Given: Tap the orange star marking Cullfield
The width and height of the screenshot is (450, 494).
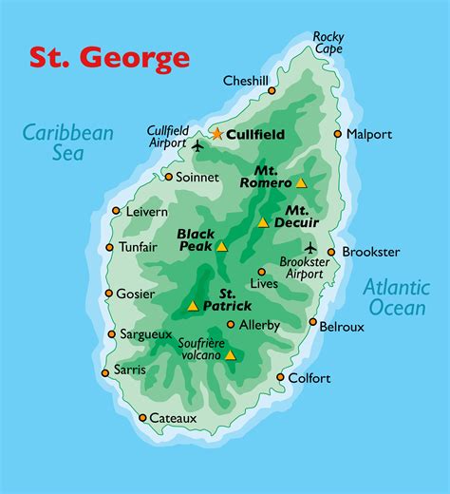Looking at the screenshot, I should point(216,134).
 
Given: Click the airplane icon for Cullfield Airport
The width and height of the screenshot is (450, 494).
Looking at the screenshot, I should point(197,145).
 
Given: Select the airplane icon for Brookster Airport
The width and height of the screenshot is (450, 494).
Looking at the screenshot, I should point(310,249).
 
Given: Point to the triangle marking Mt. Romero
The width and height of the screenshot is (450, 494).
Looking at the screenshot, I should point(301,182).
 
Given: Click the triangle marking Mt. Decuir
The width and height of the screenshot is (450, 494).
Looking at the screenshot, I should point(263,223).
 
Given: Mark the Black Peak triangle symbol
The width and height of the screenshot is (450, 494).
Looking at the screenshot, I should point(221,246).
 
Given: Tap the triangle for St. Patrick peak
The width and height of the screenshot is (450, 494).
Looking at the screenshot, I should point(193,306).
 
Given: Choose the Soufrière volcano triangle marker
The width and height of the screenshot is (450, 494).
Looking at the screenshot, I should point(230,355).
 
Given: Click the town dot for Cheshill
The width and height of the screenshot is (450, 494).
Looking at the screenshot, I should point(272,91).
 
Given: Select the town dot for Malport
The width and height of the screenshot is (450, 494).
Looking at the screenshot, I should point(337,134).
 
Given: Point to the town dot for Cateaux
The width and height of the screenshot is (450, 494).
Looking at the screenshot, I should point(142,417).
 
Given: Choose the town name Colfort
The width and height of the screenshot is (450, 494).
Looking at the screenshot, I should point(310,378).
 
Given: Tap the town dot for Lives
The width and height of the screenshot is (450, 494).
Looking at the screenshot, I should point(262,272).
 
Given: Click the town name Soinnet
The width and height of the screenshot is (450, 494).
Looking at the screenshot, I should point(198,177).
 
